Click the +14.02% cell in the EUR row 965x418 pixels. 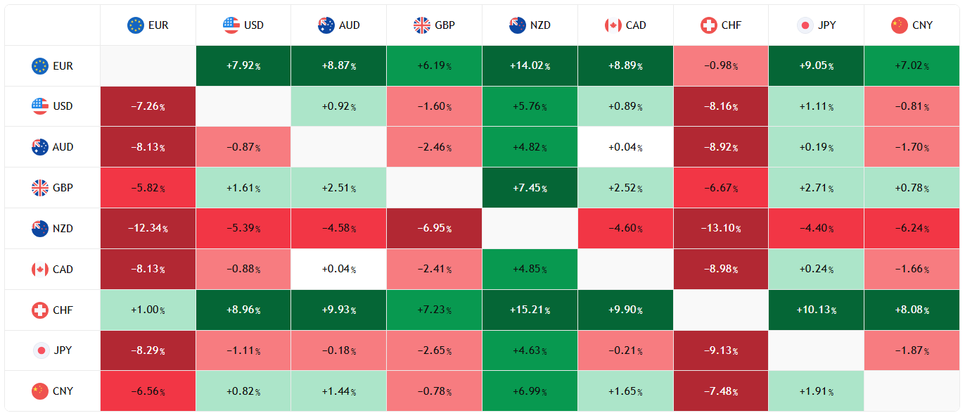pyautogui.click(x=530, y=66)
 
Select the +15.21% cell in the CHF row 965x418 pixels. pyautogui.click(x=530, y=310)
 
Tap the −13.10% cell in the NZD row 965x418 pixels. pyautogui.click(x=720, y=229)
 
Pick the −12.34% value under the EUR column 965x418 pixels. pyautogui.click(x=148, y=229)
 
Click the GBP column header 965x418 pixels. pyautogui.click(x=434, y=25)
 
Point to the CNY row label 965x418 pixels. pyautogui.click(x=53, y=391)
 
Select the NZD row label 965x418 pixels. pyautogui.click(x=53, y=229)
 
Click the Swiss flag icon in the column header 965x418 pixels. pyautogui.click(x=709, y=25)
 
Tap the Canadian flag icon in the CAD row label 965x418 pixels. pyautogui.click(x=40, y=270)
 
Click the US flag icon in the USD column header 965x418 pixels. pyautogui.click(x=231, y=25)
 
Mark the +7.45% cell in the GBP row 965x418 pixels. pyautogui.click(x=530, y=188)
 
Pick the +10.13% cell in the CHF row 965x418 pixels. pyautogui.click(x=816, y=310)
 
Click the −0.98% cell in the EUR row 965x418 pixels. pyautogui.click(x=720, y=66)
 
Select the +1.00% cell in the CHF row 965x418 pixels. pyautogui.click(x=148, y=310)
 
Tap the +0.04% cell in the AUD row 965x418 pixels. pyautogui.click(x=625, y=148)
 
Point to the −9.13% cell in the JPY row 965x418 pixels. pyautogui.click(x=720, y=350)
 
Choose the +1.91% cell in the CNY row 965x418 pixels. pyautogui.click(x=816, y=391)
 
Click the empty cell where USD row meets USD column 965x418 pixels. pyautogui.click(x=243, y=107)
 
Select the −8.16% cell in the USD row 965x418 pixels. pyautogui.click(x=720, y=107)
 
